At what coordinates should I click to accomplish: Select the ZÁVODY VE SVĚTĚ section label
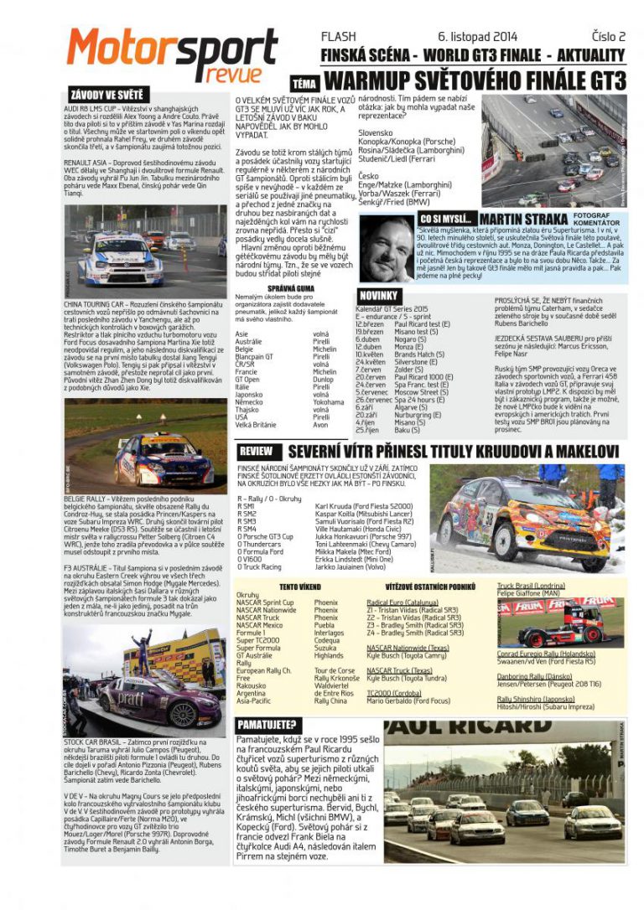click(106, 96)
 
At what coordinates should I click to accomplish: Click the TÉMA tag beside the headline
click(303, 83)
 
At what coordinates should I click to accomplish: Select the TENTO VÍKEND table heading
click(301, 587)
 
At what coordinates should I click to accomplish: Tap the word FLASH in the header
click(338, 37)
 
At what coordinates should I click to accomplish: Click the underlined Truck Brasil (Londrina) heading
click(531, 586)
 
